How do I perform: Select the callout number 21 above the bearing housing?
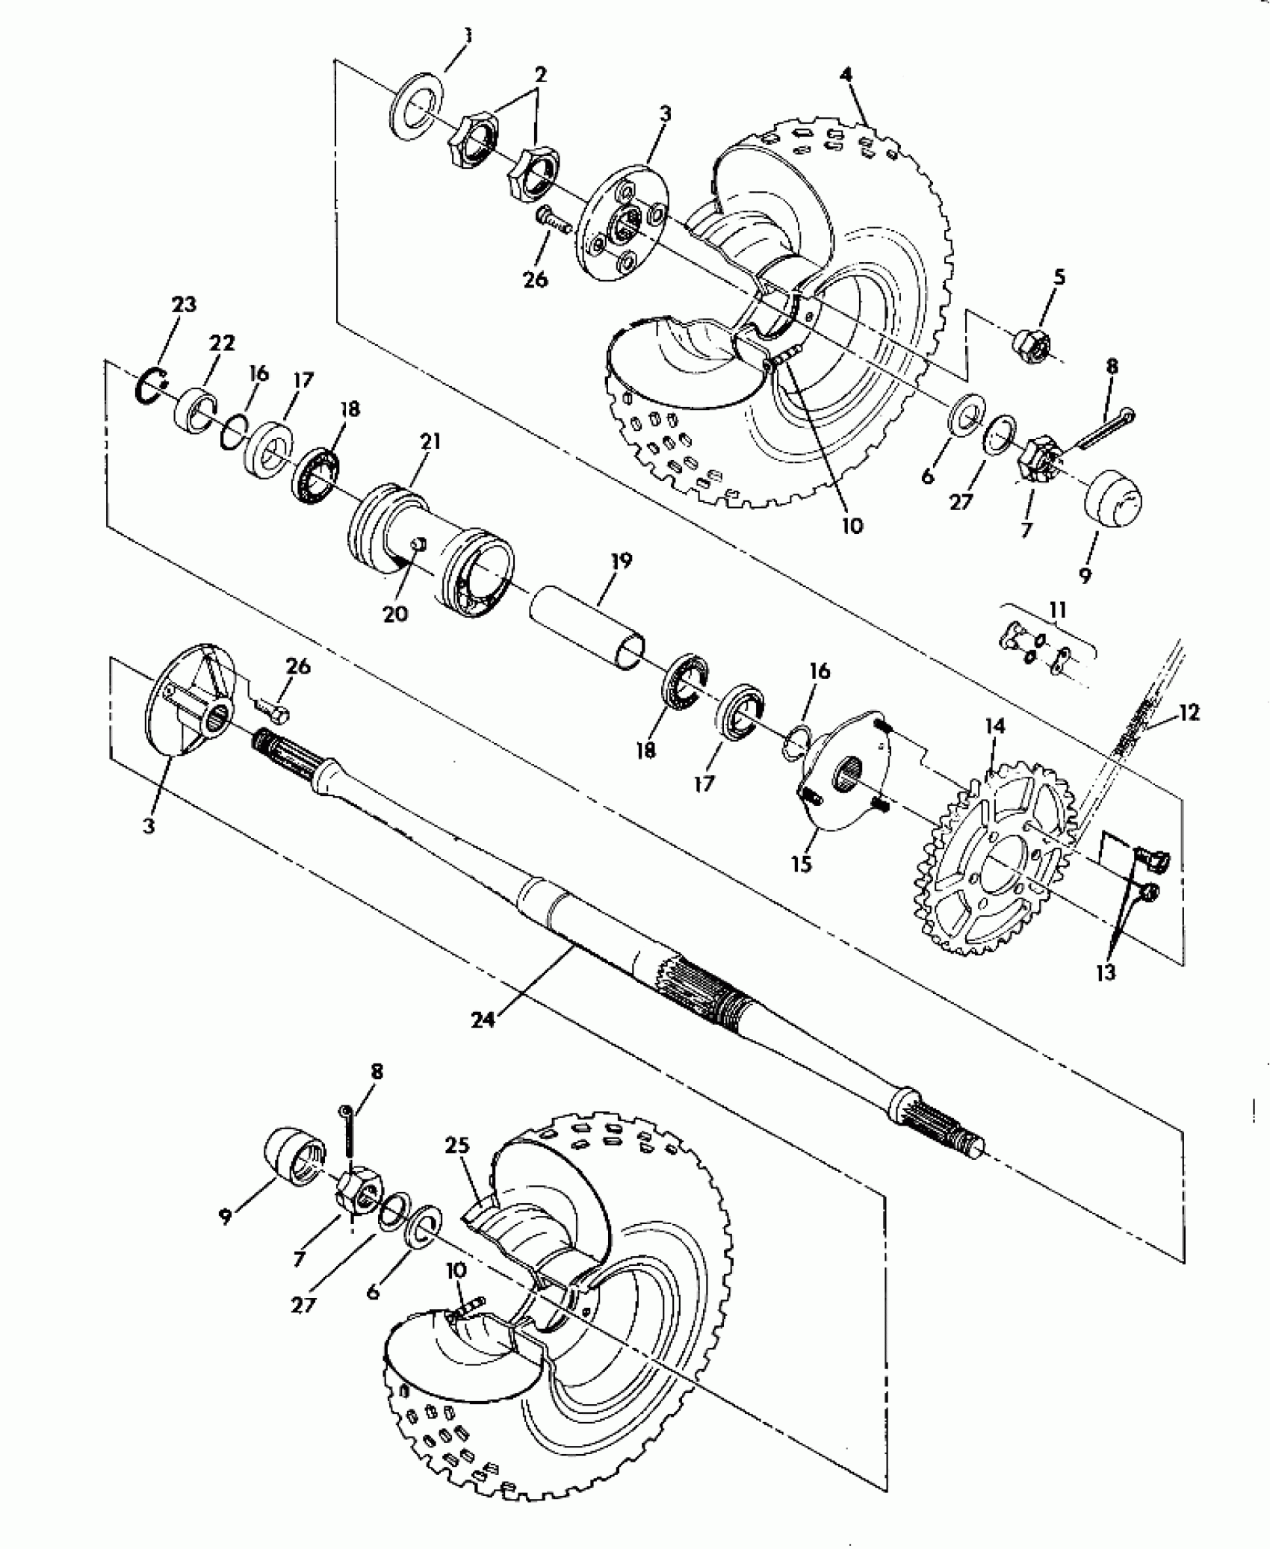point(430,441)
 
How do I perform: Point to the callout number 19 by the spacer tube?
point(621,559)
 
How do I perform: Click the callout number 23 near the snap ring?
point(184,305)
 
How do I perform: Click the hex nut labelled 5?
point(1032,343)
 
